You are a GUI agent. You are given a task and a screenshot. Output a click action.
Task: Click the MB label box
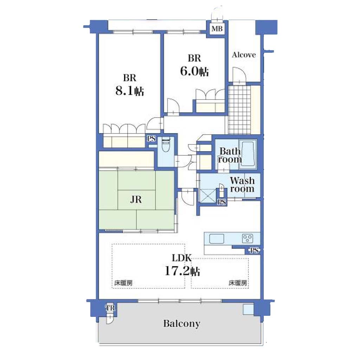(217, 29)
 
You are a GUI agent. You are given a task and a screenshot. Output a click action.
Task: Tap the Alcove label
(244, 55)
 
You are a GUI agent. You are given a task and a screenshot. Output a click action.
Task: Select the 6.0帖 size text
(194, 71)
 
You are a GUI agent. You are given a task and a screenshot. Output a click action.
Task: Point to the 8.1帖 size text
(130, 91)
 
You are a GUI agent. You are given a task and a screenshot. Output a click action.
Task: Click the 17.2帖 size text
(182, 271)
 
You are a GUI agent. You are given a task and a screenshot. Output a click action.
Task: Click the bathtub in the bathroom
(248, 153)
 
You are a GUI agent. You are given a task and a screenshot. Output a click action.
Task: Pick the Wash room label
(242, 185)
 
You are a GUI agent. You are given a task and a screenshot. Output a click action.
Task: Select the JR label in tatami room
(136, 200)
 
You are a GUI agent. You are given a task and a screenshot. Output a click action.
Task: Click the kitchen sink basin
(217, 239)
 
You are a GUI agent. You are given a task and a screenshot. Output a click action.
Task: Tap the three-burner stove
(248, 238)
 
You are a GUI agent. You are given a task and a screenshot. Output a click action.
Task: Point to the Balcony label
(182, 323)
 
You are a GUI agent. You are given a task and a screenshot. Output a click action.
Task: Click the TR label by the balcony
(110, 308)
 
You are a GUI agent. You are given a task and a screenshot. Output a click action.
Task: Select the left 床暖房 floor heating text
(123, 283)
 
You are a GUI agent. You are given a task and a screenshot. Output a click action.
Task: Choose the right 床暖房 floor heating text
(238, 283)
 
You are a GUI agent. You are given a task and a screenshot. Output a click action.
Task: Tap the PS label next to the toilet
(151, 139)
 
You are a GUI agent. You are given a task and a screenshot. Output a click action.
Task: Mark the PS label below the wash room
(222, 202)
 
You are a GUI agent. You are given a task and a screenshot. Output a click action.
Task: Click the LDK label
(182, 258)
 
